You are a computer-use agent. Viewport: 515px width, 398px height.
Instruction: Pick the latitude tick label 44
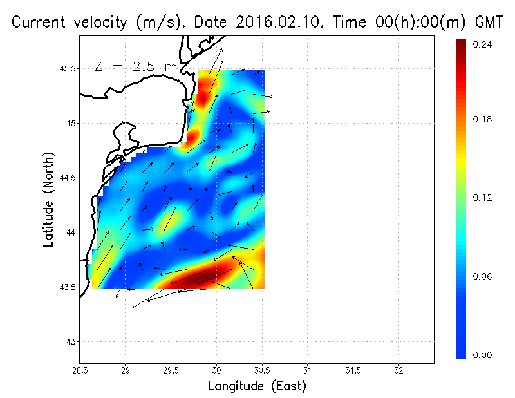[x=71, y=232]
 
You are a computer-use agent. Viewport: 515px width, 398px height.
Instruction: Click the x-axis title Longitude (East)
[x=257, y=386]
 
